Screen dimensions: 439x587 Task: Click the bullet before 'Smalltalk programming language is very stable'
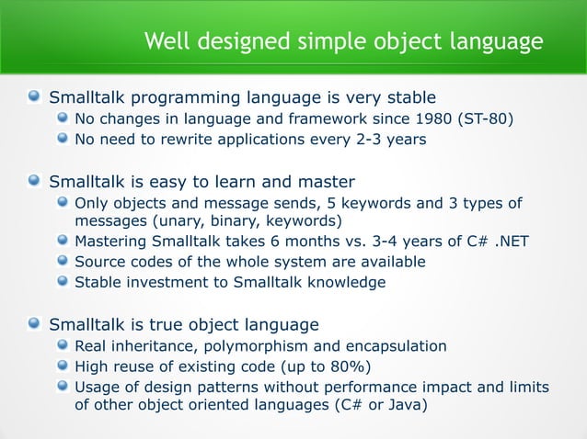(34, 96)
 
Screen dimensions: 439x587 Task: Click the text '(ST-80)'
(486, 118)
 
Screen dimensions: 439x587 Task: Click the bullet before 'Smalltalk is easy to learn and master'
(34, 181)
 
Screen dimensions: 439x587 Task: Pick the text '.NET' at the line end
(510, 242)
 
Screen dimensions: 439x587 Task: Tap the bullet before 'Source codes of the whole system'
(62, 262)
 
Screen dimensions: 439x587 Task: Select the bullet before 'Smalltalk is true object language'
(34, 324)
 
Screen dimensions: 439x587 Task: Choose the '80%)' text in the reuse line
(351, 366)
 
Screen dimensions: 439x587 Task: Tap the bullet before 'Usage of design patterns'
(62, 388)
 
